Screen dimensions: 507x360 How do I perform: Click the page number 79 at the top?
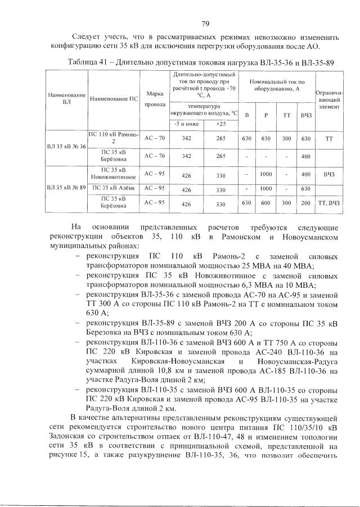[x=205, y=23]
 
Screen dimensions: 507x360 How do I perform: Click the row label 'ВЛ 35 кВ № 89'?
[x=66, y=187]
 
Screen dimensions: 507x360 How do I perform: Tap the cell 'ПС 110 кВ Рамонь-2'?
[x=113, y=138]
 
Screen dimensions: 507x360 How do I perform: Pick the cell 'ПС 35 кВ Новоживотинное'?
[x=113, y=174]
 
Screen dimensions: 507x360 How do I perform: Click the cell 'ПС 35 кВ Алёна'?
[x=113, y=188]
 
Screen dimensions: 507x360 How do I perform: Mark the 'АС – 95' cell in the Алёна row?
[x=154, y=188]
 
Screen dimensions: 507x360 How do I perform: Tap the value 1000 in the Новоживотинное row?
[x=265, y=174]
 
